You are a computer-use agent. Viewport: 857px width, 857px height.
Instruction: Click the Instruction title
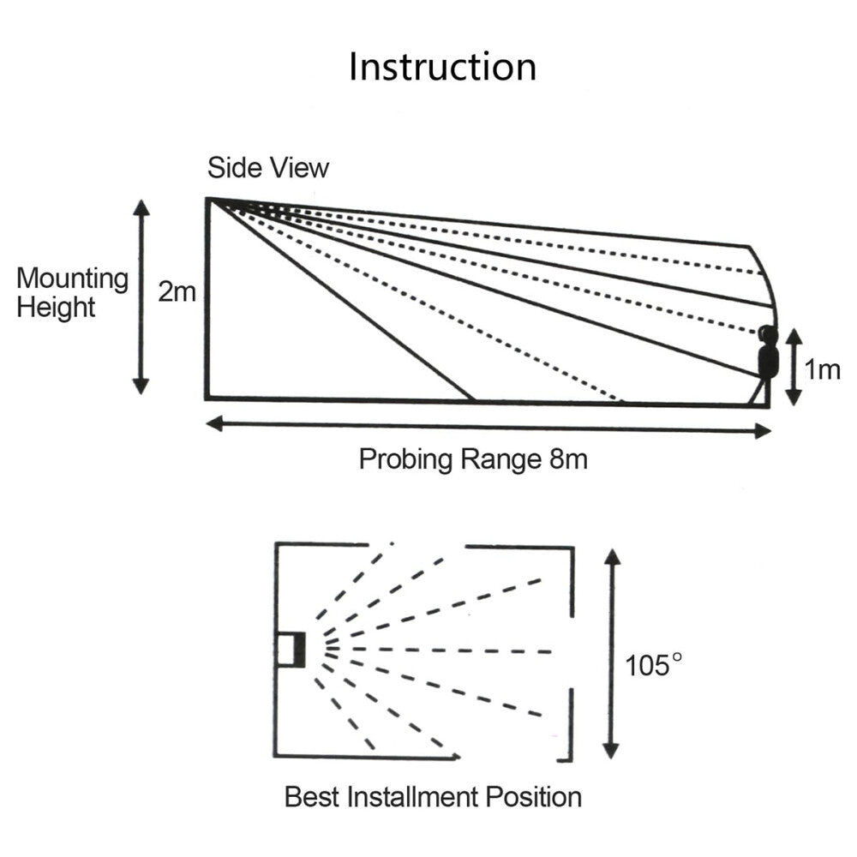[x=442, y=67]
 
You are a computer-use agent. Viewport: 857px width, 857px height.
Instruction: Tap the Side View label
[x=267, y=168]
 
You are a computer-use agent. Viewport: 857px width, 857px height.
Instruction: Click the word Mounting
[x=73, y=279]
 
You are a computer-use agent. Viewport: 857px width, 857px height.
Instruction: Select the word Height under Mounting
[x=57, y=308]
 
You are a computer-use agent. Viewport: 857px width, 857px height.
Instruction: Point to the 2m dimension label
[x=177, y=293]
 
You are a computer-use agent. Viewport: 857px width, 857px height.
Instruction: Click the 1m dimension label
[x=822, y=369]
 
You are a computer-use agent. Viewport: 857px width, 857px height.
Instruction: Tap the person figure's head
[x=767, y=333]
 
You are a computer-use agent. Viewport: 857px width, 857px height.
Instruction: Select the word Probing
[x=402, y=459]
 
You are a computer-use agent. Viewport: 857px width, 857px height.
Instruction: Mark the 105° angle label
[x=656, y=664]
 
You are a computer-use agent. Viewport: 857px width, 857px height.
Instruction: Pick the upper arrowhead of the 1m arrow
[x=794, y=333]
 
